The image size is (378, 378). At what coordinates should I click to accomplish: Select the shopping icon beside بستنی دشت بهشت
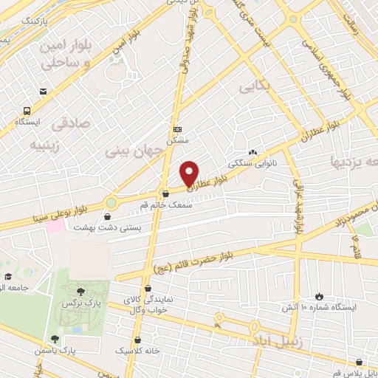[x=109, y=218]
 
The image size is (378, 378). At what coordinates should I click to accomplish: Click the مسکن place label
[x=176, y=140]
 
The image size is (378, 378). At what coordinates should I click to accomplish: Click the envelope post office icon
[x=44, y=92]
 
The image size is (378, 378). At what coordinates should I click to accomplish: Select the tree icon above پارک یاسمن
[x=55, y=338]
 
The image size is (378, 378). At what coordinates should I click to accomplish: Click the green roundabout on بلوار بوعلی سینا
[x=112, y=202]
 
